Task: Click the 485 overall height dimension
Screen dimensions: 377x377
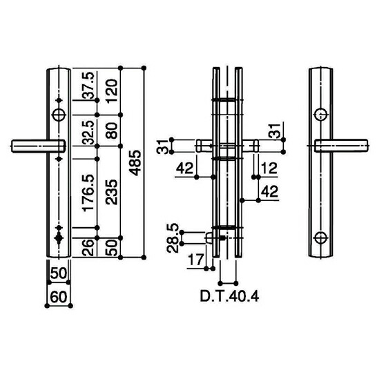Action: [x=135, y=162]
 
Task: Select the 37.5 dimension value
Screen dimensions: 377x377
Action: [x=88, y=85]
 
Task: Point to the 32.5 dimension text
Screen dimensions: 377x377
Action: [x=88, y=133]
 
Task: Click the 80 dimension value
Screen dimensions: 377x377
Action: [x=112, y=130]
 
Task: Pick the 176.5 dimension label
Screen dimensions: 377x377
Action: [x=88, y=193]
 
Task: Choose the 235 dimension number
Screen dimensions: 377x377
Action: [x=112, y=192]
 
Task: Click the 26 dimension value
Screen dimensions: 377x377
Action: [x=88, y=247]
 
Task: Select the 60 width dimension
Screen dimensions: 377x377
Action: [x=59, y=297]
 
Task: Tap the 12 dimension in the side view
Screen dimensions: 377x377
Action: [x=269, y=168]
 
